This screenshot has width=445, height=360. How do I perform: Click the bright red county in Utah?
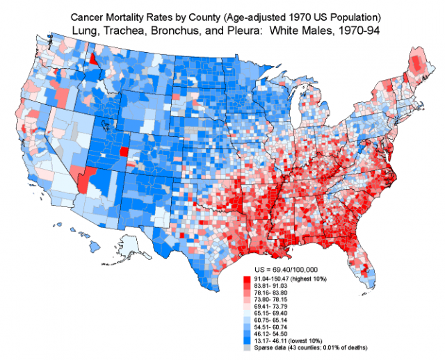[x=124, y=152]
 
